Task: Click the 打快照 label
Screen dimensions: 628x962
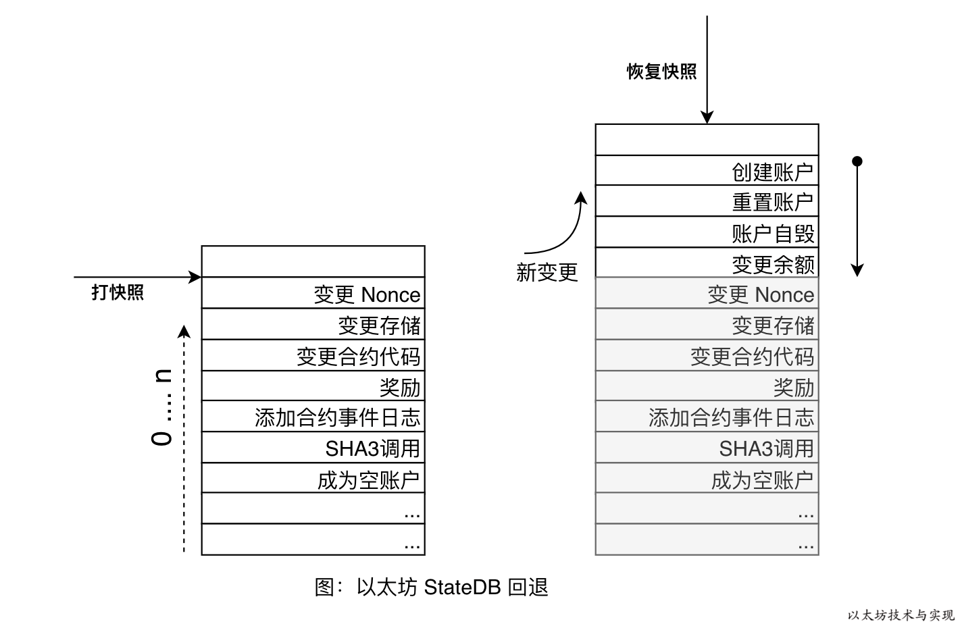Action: pos(118,292)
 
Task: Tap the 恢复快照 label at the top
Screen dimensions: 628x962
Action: pos(661,72)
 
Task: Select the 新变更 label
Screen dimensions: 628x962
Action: pos(547,272)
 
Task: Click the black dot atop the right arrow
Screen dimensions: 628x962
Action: pos(857,161)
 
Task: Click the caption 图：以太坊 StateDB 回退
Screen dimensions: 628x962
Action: pos(431,587)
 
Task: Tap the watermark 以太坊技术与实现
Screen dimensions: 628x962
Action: pos(901,615)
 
